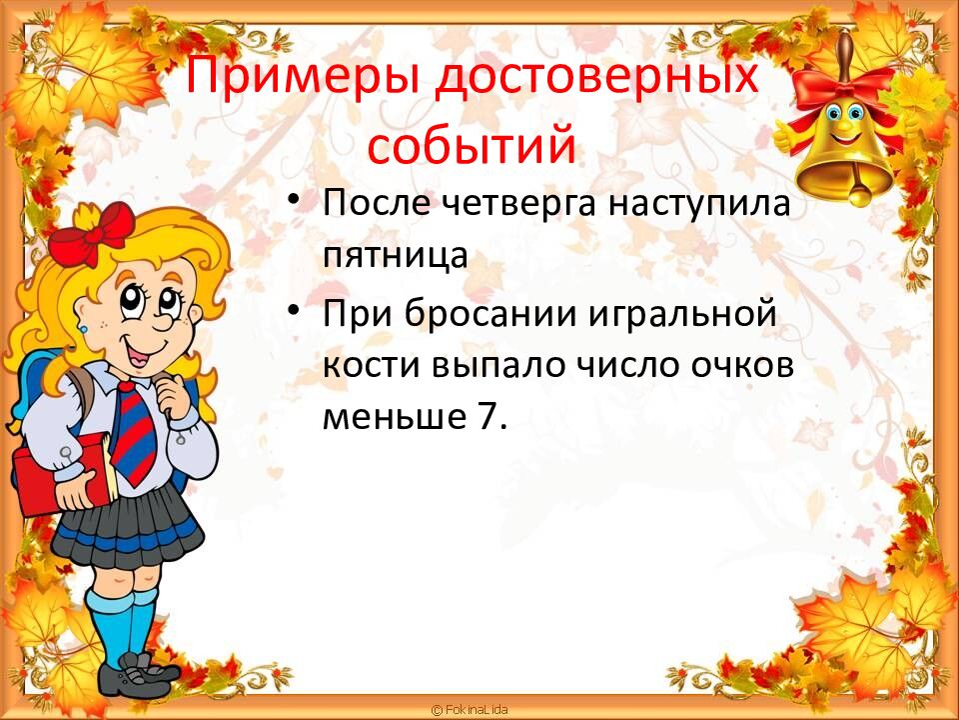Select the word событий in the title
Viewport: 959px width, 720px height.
(x=472, y=147)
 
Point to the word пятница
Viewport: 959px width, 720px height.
(x=395, y=256)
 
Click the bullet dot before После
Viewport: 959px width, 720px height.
(x=294, y=201)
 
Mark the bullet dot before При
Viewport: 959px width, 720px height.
(x=294, y=312)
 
